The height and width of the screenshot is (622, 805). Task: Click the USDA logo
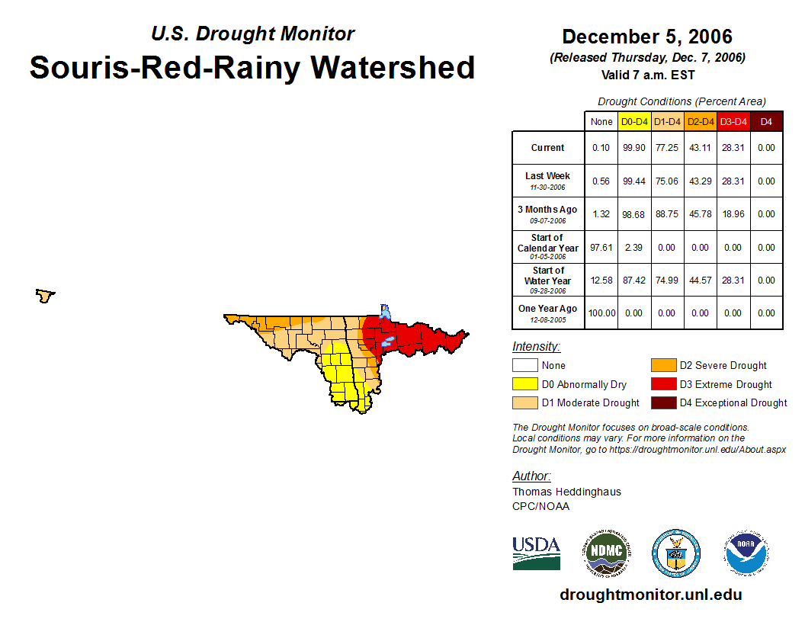[x=536, y=553]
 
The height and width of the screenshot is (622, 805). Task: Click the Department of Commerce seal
[x=675, y=553]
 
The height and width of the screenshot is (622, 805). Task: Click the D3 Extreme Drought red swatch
[x=663, y=384]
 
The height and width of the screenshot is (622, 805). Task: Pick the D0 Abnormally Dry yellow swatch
[x=525, y=384]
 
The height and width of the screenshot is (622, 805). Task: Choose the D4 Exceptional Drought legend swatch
[x=663, y=402]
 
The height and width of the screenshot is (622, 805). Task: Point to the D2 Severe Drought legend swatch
[x=663, y=365]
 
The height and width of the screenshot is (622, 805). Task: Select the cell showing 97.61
[x=601, y=247]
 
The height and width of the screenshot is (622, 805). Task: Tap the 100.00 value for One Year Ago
[x=601, y=313]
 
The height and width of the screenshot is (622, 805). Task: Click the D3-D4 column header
[x=733, y=121]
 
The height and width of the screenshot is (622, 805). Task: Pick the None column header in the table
[x=601, y=121]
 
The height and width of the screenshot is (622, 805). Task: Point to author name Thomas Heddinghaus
[x=566, y=492]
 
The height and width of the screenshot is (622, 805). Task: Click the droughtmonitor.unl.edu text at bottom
[x=650, y=595]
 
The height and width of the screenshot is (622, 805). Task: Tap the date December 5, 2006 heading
[x=646, y=37]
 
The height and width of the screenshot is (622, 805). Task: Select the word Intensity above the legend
[x=536, y=347]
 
